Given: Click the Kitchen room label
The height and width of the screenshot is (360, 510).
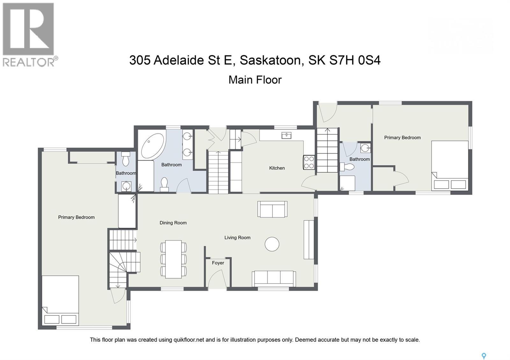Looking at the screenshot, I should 277,168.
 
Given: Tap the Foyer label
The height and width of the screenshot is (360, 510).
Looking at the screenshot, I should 218,263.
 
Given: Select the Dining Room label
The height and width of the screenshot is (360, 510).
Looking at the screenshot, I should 173,223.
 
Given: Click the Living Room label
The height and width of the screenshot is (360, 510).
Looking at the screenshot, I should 237,237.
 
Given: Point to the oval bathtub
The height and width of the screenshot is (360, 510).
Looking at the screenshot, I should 153,146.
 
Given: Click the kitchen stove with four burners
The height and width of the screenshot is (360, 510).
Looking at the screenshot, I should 309,162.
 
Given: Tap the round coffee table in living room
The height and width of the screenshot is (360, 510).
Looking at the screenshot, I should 272,244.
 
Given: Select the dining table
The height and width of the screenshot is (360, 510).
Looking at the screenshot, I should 173,258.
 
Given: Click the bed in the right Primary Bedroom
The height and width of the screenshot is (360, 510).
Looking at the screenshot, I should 450,166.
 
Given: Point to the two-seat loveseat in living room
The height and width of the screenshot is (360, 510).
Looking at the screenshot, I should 272,209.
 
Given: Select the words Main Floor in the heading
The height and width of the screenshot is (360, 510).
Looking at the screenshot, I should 255,80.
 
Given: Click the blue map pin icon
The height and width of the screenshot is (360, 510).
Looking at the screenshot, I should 484,356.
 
